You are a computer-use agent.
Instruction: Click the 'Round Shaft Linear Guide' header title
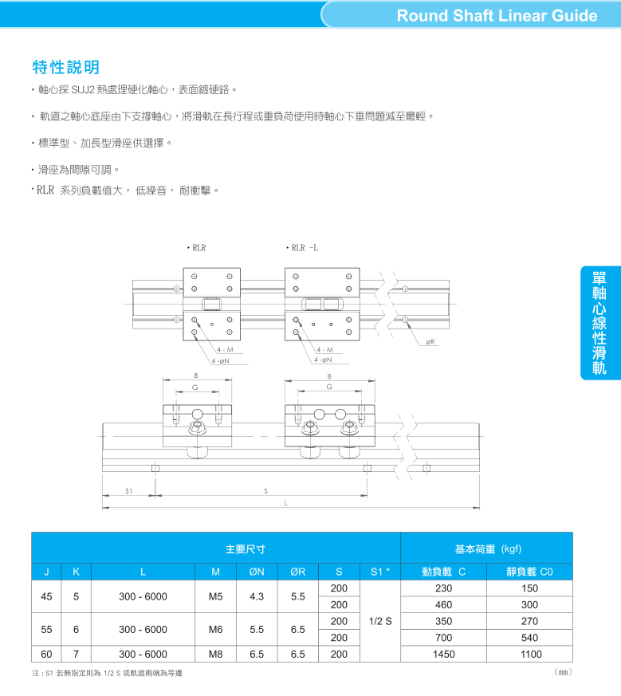click(x=497, y=15)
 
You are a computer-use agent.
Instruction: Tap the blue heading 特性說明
click(x=65, y=68)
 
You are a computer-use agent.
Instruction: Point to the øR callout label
click(x=430, y=342)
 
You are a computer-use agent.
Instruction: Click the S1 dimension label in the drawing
click(x=128, y=491)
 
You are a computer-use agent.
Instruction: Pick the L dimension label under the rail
click(x=286, y=503)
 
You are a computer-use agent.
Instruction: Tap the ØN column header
click(x=257, y=572)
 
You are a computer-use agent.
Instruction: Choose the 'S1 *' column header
click(x=380, y=572)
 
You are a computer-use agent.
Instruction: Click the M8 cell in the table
click(x=216, y=655)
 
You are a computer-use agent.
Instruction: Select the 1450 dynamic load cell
click(x=444, y=655)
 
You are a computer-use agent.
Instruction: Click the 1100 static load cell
click(x=530, y=655)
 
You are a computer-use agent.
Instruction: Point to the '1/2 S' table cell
click(x=380, y=621)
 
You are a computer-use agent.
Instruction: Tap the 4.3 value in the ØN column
click(x=257, y=596)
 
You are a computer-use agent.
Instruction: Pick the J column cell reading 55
click(x=46, y=629)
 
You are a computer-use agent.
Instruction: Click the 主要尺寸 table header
click(x=246, y=549)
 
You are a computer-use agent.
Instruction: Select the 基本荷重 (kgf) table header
click(x=489, y=549)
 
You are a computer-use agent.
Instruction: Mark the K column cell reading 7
click(x=76, y=655)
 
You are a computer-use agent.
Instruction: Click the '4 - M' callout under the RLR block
click(x=225, y=350)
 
